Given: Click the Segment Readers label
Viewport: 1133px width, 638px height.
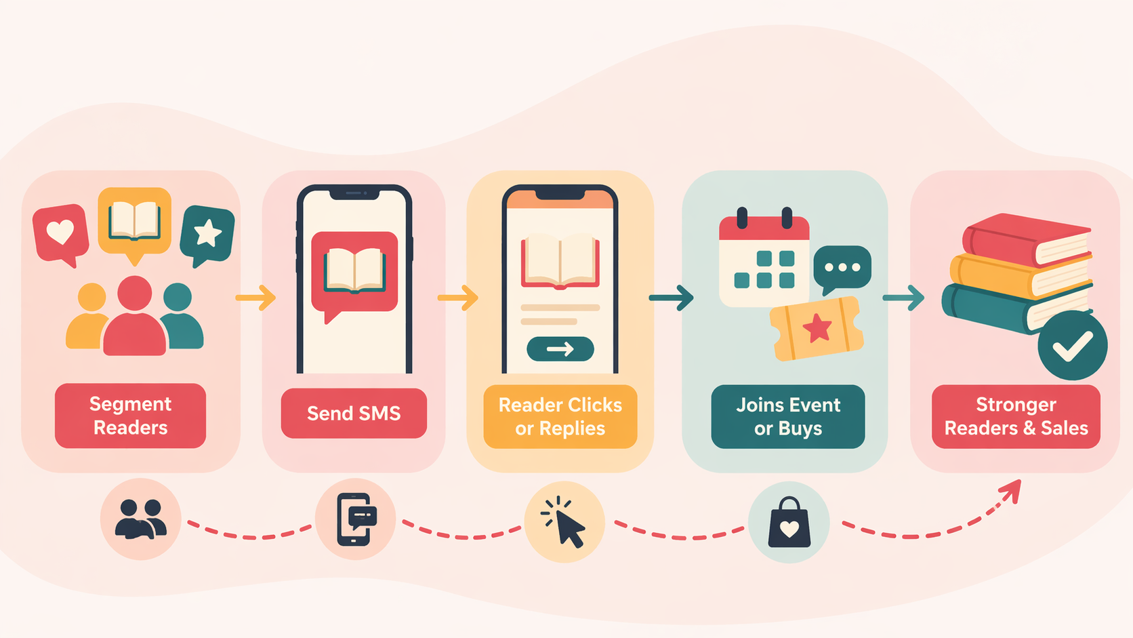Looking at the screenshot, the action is [131, 416].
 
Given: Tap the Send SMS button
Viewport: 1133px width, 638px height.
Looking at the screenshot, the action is [354, 414].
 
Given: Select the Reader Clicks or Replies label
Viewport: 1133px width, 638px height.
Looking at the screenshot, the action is [560, 416].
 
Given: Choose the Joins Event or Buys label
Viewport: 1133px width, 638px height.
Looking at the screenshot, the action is [788, 416].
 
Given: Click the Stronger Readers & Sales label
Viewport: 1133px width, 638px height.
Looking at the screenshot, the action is [1016, 416].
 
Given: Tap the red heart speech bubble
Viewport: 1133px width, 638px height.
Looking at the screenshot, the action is [61, 235].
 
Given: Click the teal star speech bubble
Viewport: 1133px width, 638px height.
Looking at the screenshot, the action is [207, 235].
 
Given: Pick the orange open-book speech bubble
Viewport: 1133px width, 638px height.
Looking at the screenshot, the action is [135, 224].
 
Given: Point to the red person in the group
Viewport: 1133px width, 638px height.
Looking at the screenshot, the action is [135, 315].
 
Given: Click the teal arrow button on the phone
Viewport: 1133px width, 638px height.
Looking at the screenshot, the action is [560, 349].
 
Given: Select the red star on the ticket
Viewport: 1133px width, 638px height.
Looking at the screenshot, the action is [817, 328].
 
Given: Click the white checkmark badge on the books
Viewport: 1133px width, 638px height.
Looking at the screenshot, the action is [1072, 346].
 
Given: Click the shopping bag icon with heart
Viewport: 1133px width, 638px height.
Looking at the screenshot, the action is [789, 522].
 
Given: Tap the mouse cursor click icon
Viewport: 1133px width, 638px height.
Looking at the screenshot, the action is [564, 522].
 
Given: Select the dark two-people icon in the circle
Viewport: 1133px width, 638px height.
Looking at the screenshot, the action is [141, 519].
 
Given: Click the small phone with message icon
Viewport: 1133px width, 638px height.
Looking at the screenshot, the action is [356, 519].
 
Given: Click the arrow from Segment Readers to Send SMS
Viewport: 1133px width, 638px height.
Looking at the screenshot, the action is [255, 298].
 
